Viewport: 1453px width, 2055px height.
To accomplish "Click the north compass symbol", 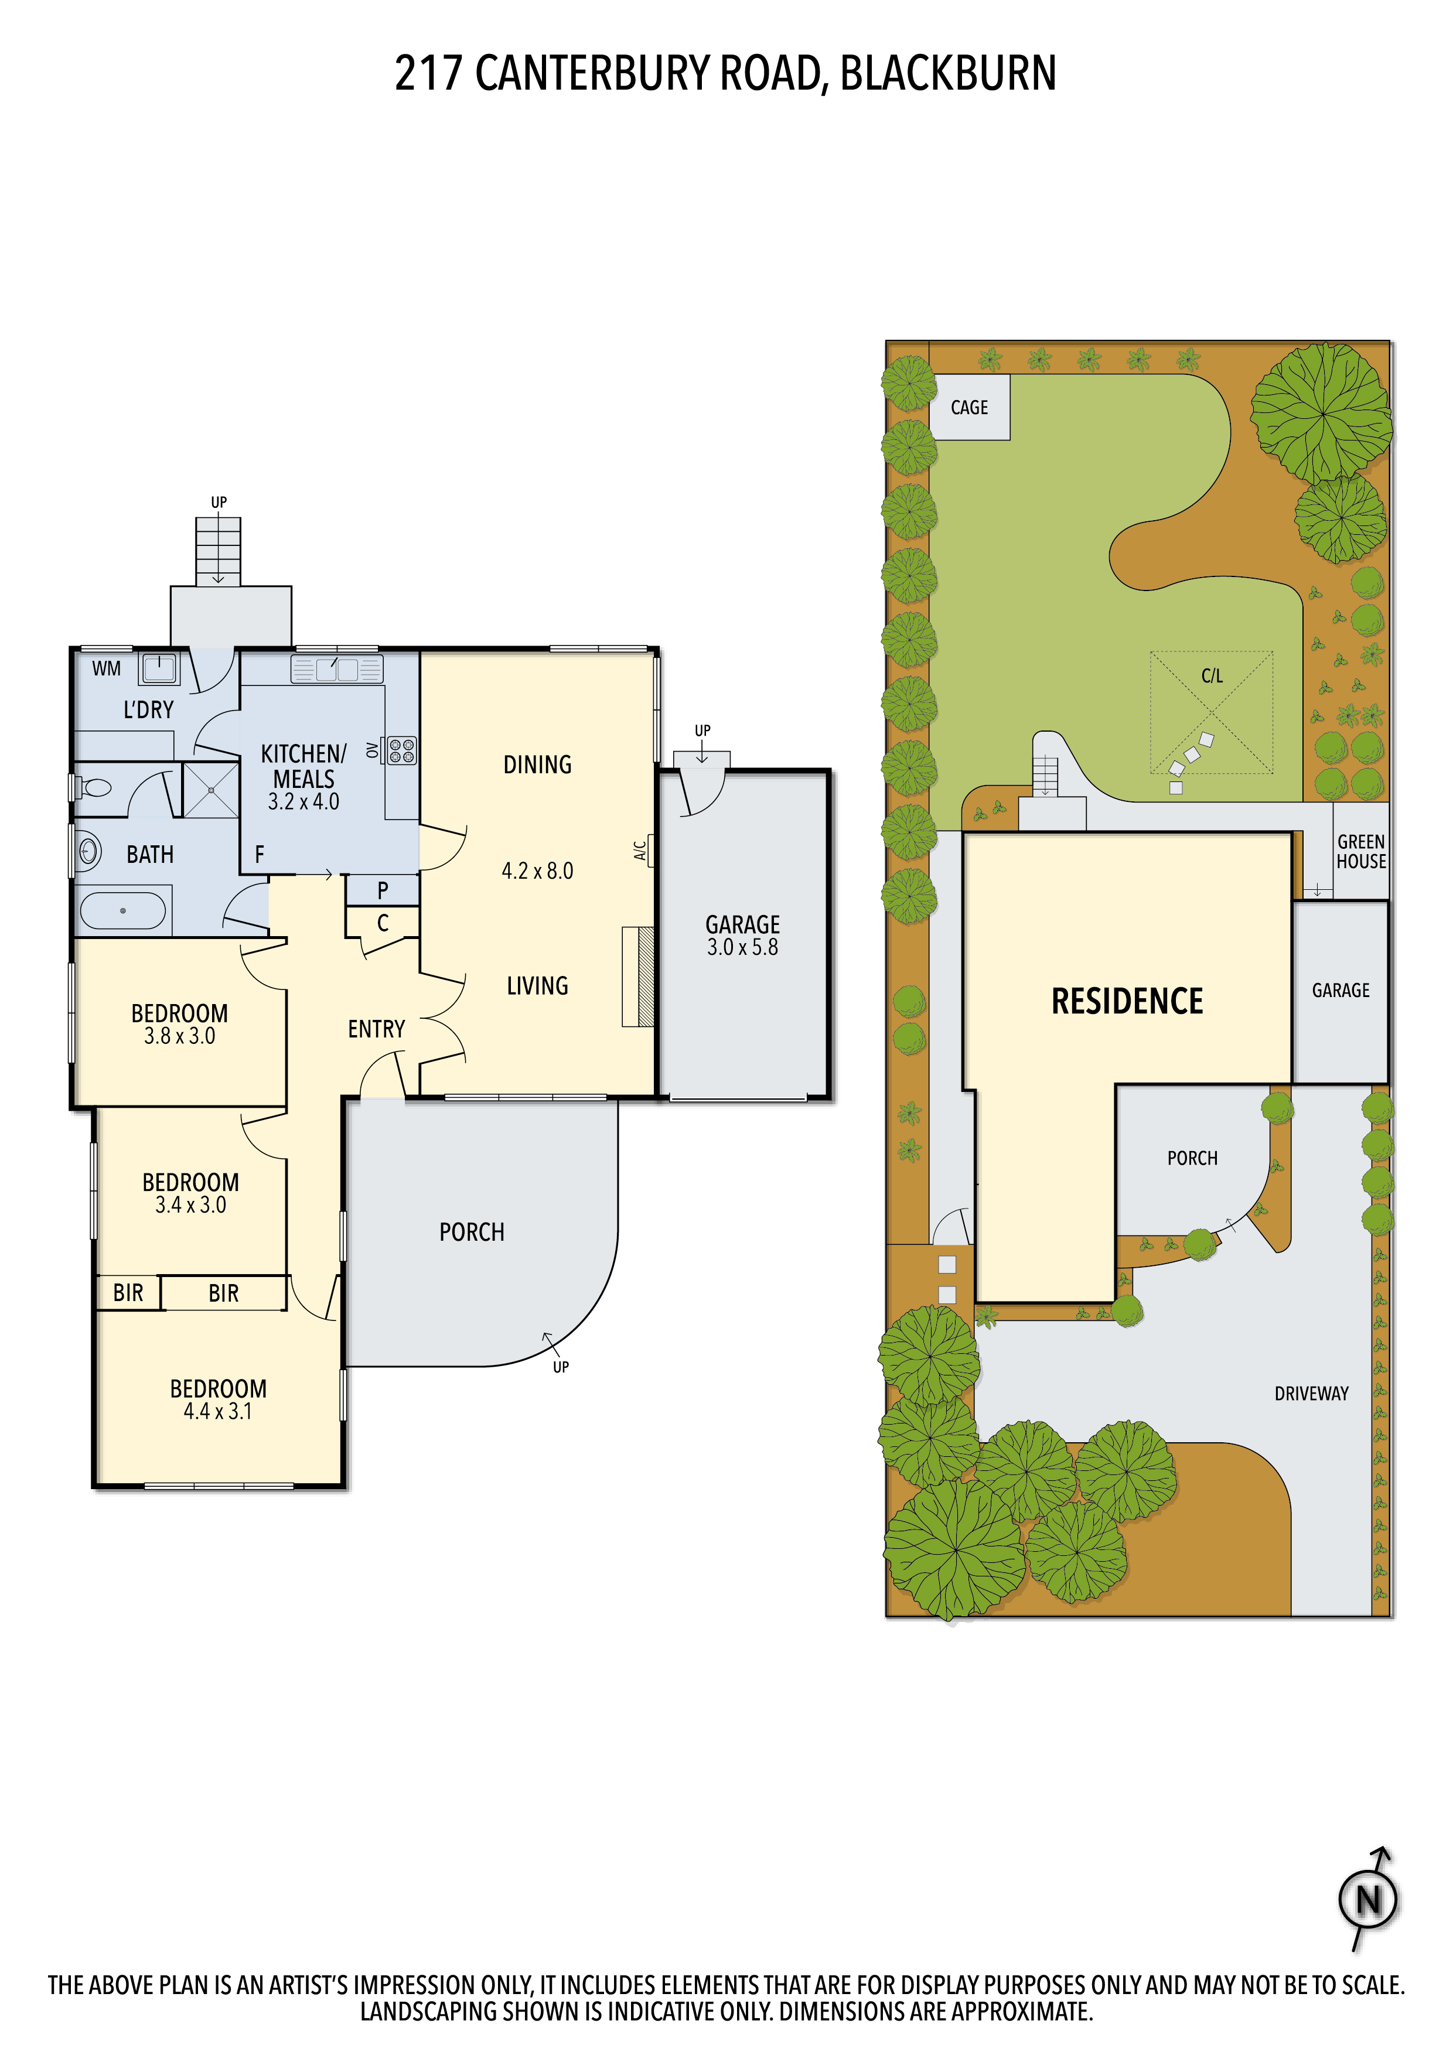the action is (1368, 1899).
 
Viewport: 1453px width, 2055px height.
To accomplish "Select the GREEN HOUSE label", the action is (1361, 852).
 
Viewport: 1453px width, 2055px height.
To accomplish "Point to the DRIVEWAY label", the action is (1312, 1394).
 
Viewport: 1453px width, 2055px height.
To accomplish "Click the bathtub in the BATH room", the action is (122, 911).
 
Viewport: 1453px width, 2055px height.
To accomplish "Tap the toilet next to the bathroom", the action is (91, 788).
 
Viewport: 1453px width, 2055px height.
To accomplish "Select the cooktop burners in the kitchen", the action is (402, 750).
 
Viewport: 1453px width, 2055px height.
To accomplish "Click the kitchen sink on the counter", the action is (337, 670).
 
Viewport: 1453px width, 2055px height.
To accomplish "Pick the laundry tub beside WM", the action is (159, 668).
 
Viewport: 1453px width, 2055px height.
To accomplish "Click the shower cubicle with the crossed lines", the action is (212, 790).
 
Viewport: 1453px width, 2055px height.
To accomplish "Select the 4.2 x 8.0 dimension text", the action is (537, 871).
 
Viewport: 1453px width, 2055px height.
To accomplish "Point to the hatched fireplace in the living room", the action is (638, 977).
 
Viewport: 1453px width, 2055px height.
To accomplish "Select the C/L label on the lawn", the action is (1212, 676).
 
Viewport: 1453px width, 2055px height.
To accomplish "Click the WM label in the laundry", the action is (107, 668).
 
